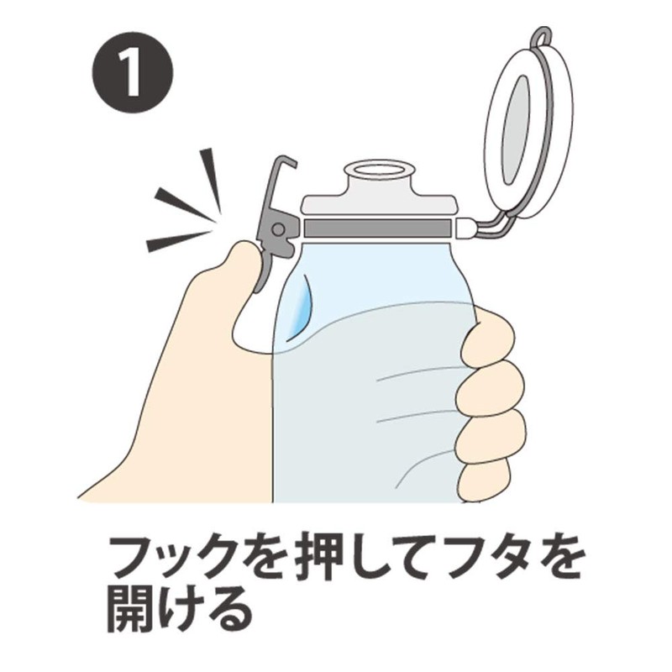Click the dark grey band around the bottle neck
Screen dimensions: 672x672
(x=378, y=228)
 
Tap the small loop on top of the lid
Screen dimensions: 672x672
(x=542, y=38)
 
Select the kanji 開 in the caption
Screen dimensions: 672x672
(x=134, y=607)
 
